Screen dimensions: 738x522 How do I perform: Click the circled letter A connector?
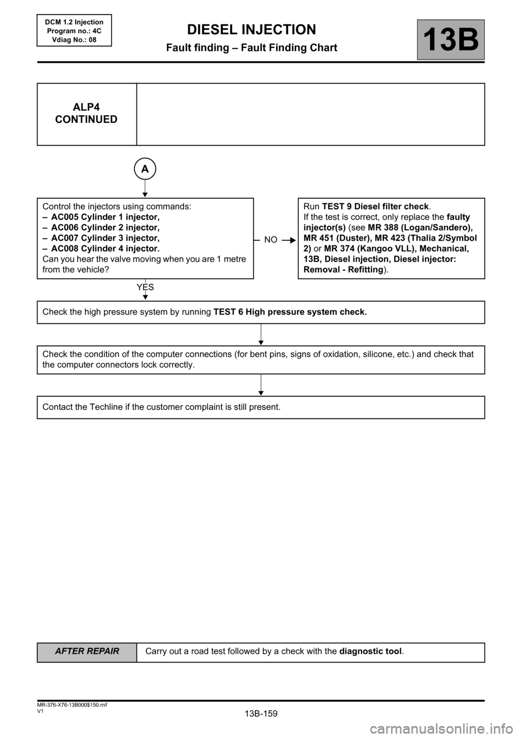point(145,169)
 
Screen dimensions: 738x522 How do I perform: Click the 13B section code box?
point(451,40)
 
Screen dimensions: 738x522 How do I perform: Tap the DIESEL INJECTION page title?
point(251,29)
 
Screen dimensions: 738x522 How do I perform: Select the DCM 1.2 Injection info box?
point(74,30)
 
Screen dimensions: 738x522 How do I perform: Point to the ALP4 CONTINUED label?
point(86,114)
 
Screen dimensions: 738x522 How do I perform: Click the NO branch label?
point(271,239)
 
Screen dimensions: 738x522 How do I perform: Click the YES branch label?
point(145,287)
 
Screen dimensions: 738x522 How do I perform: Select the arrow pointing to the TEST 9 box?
point(289,239)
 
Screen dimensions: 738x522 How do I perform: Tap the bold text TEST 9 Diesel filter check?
point(375,207)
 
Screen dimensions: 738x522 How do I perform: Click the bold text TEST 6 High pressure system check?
point(290,311)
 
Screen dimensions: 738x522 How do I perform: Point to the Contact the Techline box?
point(260,407)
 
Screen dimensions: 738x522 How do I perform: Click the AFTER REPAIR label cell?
point(87,651)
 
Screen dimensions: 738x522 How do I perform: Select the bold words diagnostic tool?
point(370,651)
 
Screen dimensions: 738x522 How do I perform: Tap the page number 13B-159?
point(261,714)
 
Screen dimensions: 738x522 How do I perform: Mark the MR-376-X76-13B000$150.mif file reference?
point(68,704)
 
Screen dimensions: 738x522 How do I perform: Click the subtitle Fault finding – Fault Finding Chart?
point(251,48)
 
